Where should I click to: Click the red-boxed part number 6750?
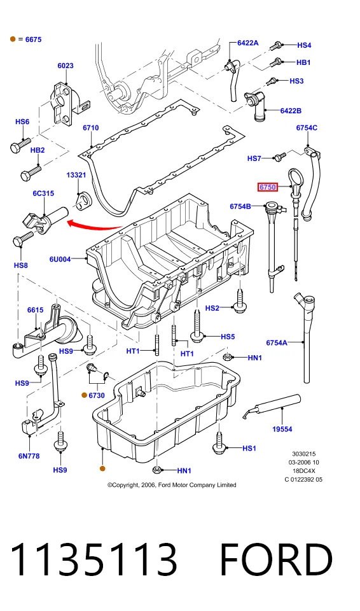click(x=268, y=187)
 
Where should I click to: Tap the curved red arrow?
click(x=93, y=225)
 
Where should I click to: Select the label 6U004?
click(x=60, y=259)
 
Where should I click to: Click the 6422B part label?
click(x=291, y=111)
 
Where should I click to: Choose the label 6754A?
click(x=277, y=343)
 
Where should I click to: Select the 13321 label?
click(x=76, y=175)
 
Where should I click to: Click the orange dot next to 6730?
click(x=84, y=395)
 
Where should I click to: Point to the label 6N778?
click(x=29, y=456)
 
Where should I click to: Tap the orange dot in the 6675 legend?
click(x=13, y=39)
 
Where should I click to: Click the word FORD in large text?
click(x=276, y=559)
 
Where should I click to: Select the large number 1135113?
click(x=93, y=559)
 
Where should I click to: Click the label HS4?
click(x=304, y=45)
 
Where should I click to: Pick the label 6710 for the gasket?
click(x=91, y=128)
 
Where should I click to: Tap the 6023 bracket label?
click(x=66, y=66)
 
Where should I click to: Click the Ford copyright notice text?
click(x=172, y=485)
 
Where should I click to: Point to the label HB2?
click(x=38, y=150)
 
